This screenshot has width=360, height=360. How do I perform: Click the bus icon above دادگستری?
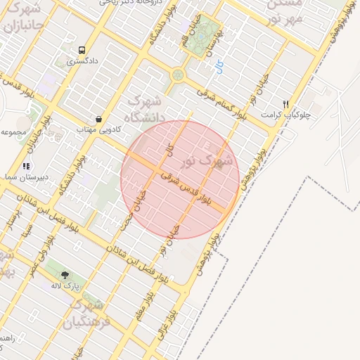[x=82, y=51]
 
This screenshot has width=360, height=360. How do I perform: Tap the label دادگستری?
[x=82, y=62]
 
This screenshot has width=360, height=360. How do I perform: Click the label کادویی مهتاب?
[x=98, y=130]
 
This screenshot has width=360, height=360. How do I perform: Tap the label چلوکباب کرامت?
[x=281, y=114]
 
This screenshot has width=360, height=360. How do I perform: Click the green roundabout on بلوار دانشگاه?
[x=177, y=75]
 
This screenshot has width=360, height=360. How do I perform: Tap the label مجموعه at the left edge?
[x=14, y=131]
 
